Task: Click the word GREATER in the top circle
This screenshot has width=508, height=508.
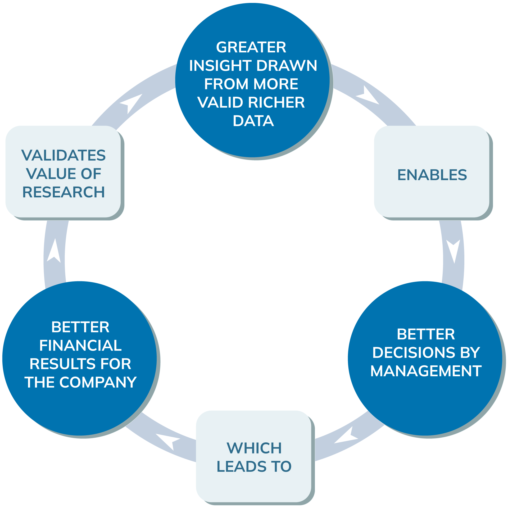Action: click(251, 47)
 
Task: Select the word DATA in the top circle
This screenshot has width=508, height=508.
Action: click(253, 121)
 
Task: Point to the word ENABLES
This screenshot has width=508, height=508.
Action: click(432, 175)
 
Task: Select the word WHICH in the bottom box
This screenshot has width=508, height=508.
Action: click(254, 448)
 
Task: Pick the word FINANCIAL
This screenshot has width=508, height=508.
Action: click(80, 345)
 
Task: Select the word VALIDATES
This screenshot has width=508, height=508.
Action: click(63, 155)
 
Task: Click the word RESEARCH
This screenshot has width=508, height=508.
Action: click(63, 192)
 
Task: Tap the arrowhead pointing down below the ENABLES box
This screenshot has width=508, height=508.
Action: click(453, 250)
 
